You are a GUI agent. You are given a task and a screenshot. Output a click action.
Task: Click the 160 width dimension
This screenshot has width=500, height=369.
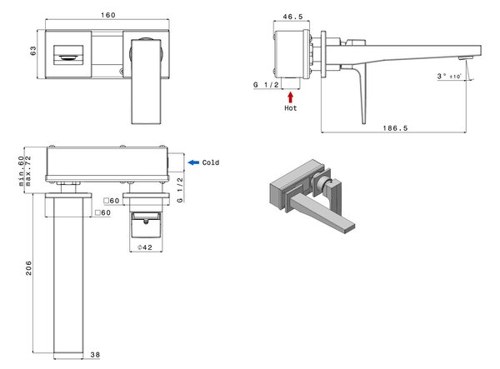click(x=108, y=15)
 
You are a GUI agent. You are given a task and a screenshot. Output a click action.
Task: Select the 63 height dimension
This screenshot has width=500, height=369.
click(x=33, y=51)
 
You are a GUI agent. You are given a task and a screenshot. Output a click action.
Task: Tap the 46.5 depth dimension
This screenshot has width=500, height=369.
click(x=292, y=17)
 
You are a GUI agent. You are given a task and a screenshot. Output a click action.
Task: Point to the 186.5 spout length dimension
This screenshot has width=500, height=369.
click(x=395, y=128)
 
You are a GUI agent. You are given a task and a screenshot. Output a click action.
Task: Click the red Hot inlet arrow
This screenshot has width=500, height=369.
click(x=290, y=97)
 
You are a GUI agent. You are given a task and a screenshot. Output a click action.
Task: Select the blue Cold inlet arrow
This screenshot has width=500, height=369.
click(x=193, y=162)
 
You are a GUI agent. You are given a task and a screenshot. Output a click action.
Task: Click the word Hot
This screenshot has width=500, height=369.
click(x=291, y=108)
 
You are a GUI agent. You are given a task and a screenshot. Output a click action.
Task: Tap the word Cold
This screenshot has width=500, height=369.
click(x=211, y=162)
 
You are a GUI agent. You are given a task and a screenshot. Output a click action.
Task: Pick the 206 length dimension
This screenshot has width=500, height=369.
click(x=28, y=268)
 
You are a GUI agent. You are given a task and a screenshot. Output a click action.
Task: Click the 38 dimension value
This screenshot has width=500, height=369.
click(x=95, y=354)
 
